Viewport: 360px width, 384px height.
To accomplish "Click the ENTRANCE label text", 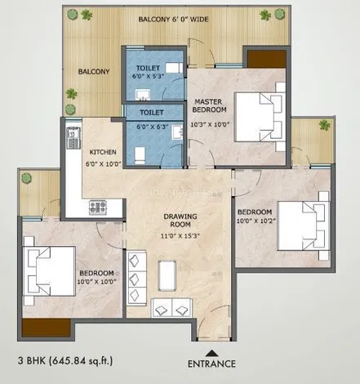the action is click(211, 364).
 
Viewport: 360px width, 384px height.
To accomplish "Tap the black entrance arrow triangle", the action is click(211, 353).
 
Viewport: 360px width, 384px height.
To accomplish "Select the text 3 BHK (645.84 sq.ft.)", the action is click(65, 361).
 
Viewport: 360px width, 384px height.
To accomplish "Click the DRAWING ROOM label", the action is click(180, 221).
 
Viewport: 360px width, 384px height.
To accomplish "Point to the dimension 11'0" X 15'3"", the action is click(180, 236).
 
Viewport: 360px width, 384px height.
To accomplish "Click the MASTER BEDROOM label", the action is click(209, 105).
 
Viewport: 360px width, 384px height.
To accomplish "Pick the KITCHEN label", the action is click(103, 152).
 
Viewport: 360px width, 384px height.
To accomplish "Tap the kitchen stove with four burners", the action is click(98, 208).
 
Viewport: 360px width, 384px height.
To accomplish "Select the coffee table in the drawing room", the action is click(167, 275).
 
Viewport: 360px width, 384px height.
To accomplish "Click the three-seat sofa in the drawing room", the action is click(136, 279).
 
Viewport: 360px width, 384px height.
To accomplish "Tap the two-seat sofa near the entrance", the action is click(171, 308).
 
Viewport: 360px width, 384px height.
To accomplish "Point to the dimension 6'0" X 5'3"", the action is click(149, 76).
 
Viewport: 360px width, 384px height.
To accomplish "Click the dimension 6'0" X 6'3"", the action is click(153, 127).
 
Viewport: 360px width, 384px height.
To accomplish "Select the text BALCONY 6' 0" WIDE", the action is click(173, 20).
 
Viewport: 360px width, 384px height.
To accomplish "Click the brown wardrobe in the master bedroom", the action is click(266, 59).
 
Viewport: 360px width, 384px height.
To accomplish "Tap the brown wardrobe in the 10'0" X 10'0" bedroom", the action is click(47, 328).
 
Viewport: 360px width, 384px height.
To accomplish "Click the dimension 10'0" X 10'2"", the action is click(256, 221).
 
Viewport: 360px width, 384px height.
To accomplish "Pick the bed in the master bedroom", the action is click(260, 117).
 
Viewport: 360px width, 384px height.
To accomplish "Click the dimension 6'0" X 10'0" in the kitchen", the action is click(104, 164).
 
